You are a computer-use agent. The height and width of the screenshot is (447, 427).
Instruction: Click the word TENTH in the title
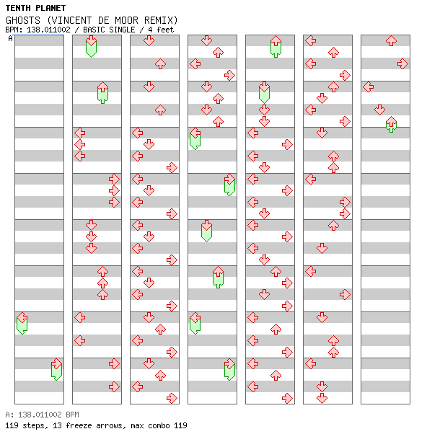point(18,8)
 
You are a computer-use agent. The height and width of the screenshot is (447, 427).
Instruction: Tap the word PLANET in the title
point(50,8)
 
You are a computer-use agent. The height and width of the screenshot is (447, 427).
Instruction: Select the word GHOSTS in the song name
point(23,20)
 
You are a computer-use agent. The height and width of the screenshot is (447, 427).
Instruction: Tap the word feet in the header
point(165,30)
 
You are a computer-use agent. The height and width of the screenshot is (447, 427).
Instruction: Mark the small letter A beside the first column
point(11,38)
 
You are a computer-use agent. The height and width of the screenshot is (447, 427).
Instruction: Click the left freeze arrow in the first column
point(22,323)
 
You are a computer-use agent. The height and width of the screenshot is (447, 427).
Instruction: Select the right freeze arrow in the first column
point(56,369)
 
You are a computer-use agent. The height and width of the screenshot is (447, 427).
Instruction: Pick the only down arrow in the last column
point(379,110)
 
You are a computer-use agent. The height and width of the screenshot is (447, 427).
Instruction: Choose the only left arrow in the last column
point(369,87)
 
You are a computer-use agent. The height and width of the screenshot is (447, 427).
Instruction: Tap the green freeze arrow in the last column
point(392,124)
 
